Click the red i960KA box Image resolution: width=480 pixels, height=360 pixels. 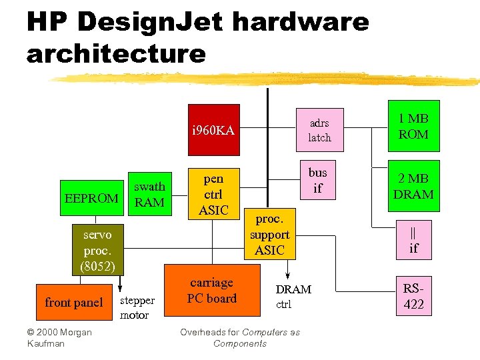213,130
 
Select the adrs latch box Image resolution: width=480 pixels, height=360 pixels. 319,130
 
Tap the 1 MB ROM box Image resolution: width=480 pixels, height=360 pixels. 413,127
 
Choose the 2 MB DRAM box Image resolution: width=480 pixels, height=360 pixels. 413,187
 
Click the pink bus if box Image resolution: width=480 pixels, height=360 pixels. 318,180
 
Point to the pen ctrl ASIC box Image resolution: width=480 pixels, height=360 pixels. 213,195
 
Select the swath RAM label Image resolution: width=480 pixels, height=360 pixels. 149,195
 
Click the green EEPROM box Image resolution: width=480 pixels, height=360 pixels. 91,198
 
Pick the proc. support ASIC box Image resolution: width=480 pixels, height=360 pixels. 270,235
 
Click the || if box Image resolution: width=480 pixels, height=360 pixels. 413,240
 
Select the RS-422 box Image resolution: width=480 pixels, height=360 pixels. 413,297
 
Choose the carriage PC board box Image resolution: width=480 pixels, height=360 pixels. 212,291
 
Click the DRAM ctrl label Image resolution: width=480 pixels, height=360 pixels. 293,297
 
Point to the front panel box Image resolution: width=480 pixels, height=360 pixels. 73,303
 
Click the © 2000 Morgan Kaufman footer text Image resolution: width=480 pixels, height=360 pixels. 59,337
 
